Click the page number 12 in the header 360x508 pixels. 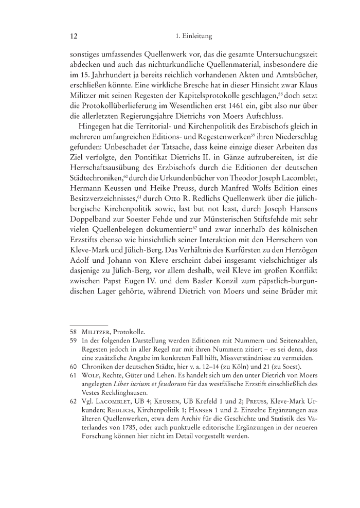tap(73, 37)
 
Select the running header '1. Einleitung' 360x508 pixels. tap(193, 37)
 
